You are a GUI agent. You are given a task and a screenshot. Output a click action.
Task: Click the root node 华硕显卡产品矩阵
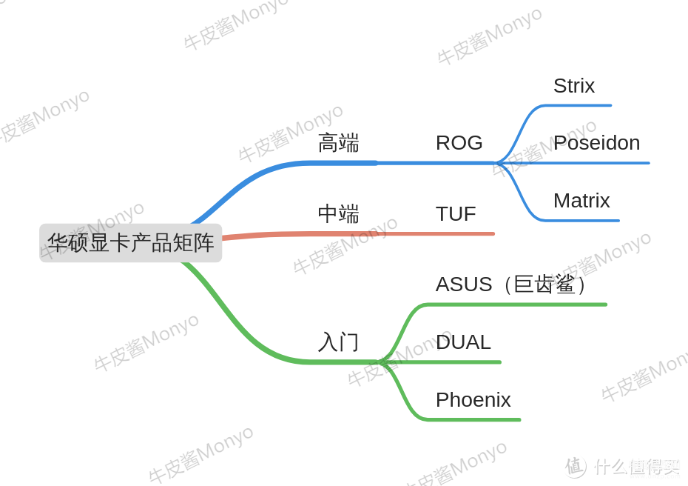pos(130,243)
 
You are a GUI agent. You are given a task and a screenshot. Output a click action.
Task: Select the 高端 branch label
pos(338,143)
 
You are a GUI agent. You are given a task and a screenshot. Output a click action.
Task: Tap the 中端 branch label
pos(338,214)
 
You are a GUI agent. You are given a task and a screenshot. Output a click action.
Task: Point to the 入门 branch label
pos(338,342)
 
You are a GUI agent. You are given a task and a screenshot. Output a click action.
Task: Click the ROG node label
pos(459,143)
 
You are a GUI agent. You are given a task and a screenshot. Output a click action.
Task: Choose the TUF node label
pos(456,214)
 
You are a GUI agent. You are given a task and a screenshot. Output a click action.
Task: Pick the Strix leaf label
pos(574,86)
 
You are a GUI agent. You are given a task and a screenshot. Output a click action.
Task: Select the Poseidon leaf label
pos(597,143)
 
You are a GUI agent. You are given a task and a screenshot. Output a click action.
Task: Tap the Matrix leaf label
pos(581,201)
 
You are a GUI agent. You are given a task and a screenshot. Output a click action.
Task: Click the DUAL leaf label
pos(463,342)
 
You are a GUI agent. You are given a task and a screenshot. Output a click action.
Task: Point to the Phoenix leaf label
pos(473,400)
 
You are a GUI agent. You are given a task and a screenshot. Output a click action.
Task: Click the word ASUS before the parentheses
pos(464,284)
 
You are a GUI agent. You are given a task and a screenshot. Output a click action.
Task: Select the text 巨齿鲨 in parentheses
pos(544,284)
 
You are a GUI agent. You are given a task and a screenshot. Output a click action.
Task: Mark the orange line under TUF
pos(358,234)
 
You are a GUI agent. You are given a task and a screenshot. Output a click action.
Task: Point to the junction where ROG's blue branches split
pos(499,163)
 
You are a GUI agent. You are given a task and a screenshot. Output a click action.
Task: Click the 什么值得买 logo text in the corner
pos(637,467)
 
